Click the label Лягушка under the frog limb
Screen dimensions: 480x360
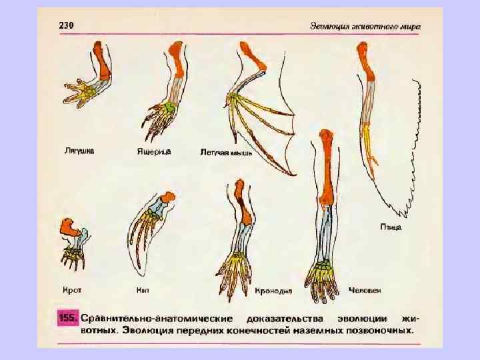(79, 151)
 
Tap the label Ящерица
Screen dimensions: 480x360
(155, 151)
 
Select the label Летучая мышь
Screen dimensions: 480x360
(226, 153)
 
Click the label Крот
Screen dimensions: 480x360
(71, 291)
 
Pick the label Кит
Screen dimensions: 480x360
(142, 291)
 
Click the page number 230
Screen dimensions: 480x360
(67, 25)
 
